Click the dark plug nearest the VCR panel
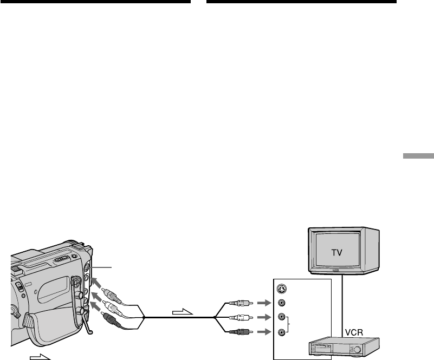[x=239, y=331]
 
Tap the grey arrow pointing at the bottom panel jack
[x=263, y=331]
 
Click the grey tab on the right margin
[x=418, y=156]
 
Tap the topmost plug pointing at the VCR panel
[x=239, y=303]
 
